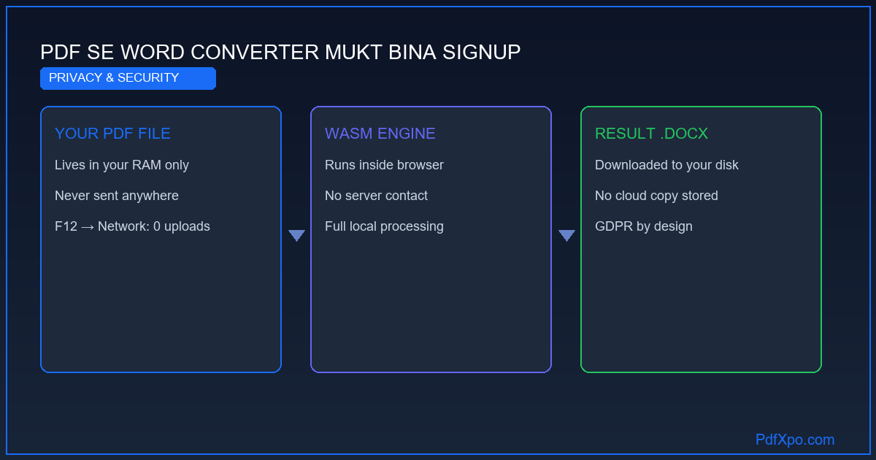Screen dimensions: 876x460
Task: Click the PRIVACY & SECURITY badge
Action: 128,78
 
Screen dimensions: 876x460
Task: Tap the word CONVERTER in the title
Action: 255,52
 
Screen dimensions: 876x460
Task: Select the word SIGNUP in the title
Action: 481,52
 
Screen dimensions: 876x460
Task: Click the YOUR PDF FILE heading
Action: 112,134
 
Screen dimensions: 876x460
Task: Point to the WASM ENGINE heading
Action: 380,134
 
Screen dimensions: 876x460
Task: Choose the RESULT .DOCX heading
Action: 651,134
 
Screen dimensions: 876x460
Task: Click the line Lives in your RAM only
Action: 122,165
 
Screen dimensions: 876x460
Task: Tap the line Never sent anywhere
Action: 117,196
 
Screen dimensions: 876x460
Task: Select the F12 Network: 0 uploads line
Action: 132,226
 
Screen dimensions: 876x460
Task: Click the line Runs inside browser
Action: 384,165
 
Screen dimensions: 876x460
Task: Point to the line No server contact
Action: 376,196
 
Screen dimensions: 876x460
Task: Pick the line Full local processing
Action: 384,226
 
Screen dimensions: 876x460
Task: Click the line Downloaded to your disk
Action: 666,165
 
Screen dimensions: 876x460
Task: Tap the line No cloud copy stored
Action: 656,196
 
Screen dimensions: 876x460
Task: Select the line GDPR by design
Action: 644,226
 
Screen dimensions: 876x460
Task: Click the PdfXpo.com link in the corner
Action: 795,440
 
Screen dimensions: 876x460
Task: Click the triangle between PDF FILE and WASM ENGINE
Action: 296,234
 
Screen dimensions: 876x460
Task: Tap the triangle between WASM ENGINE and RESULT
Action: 566,234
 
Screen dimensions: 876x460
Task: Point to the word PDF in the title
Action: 60,52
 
